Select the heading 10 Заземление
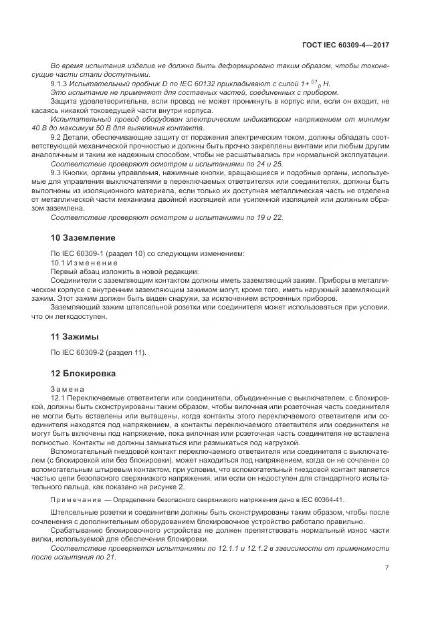[84, 237]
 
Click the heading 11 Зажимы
[75, 336]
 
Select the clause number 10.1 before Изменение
[58, 262]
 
